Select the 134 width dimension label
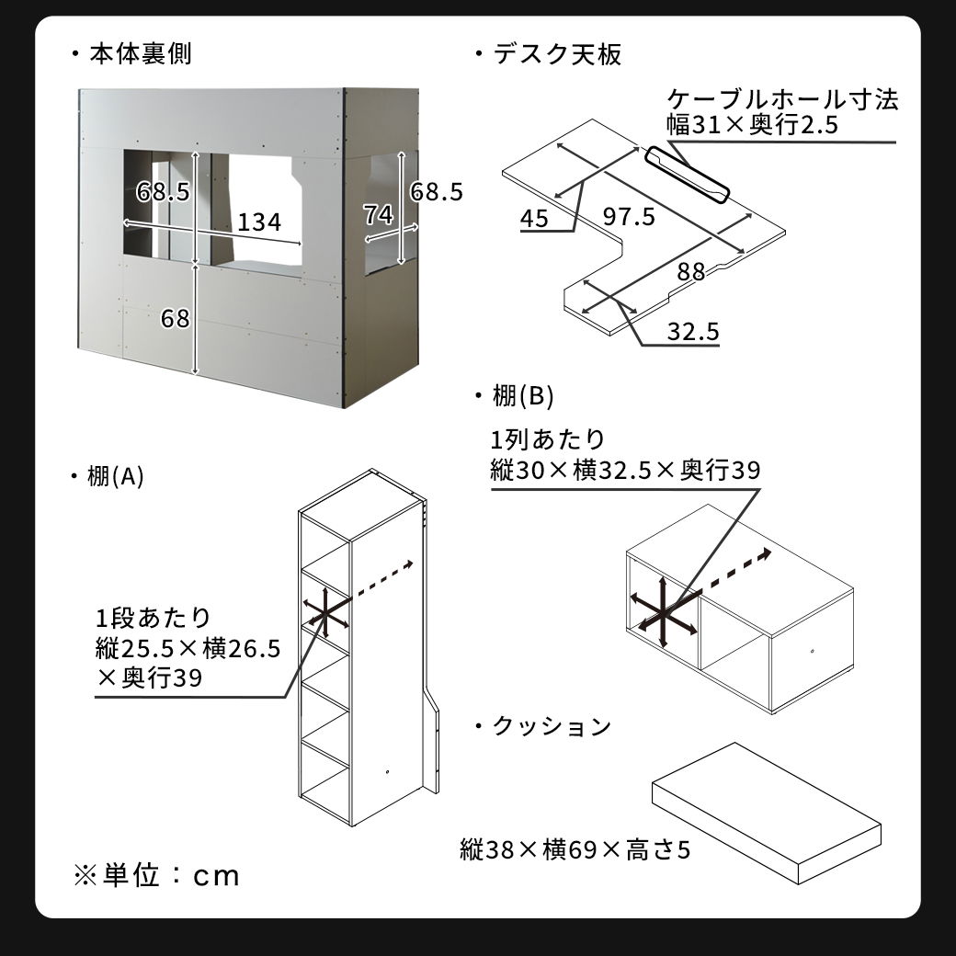click(x=258, y=222)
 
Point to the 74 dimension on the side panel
click(x=378, y=215)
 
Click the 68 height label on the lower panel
click(x=175, y=318)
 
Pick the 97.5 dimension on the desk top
click(x=629, y=217)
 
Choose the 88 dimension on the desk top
click(x=691, y=272)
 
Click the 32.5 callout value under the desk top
click(x=693, y=331)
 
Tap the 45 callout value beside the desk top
click(x=534, y=218)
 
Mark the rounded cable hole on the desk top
click(x=688, y=175)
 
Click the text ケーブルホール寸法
click(x=782, y=99)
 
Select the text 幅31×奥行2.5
click(x=753, y=125)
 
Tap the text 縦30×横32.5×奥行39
click(x=626, y=471)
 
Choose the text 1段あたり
click(x=153, y=617)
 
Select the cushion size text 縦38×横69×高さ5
click(x=575, y=848)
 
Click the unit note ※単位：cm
click(x=156, y=875)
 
